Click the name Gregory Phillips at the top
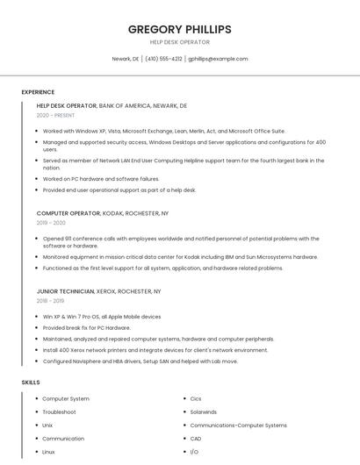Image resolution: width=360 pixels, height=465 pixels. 179,29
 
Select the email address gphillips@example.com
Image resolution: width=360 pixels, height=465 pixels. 218,59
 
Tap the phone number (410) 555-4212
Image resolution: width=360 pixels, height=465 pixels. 163,59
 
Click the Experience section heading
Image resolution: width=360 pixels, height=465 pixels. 38,92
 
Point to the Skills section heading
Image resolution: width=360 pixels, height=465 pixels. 31,383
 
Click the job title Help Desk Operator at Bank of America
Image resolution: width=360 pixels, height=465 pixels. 67,105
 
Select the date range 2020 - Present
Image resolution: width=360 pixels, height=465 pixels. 55,115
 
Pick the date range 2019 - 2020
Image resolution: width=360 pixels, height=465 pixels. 51,223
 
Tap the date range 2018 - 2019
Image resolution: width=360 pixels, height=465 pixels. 51,300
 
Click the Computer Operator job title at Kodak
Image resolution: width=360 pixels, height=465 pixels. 68,213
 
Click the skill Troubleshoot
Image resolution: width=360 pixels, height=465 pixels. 59,411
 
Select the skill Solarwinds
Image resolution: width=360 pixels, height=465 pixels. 203,411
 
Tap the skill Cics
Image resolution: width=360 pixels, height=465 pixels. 195,398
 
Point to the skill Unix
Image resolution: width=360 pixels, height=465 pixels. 47,425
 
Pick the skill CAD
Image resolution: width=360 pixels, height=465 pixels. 195,438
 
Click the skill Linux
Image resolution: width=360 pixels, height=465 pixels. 48,451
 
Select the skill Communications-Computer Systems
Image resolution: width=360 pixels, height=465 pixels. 238,425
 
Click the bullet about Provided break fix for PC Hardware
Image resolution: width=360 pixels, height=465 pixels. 86,327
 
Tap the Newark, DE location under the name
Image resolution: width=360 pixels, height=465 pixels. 126,59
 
